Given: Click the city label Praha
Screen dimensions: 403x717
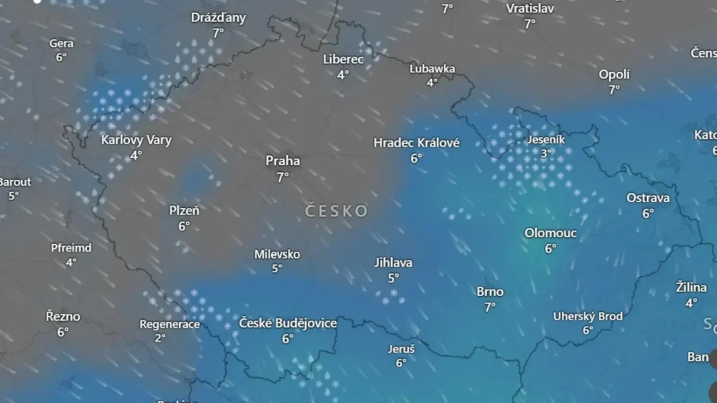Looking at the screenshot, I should point(283,161).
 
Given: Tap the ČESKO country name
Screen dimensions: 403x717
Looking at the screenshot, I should point(336,211).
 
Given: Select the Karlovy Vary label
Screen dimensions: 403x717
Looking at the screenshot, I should point(136,140).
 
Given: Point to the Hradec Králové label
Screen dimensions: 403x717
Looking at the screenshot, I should point(416,143).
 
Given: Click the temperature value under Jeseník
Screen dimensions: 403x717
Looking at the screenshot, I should point(546,153).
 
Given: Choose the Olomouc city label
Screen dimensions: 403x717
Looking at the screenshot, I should point(550,233).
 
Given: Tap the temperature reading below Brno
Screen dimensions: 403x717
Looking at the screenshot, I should point(490,307).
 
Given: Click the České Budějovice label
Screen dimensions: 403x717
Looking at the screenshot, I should point(288,324).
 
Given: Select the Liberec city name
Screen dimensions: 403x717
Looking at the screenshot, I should point(343,59).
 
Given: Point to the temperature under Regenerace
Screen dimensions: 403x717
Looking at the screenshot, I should point(160,338).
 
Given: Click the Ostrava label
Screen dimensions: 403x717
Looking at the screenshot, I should point(648,198).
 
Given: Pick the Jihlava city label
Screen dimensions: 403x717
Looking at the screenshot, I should point(393,263).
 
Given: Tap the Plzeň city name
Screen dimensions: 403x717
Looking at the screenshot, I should point(184,211).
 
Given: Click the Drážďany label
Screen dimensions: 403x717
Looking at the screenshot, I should point(218,18).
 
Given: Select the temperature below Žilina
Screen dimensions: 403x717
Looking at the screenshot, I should point(691,303).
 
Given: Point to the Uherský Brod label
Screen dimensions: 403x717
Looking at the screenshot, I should point(588,316).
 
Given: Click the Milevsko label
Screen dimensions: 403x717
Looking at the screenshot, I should point(277,254).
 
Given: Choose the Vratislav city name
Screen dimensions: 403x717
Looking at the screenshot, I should point(530,8).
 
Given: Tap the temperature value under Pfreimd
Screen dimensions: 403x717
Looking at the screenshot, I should point(71,262).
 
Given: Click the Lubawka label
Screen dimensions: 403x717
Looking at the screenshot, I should point(432,69).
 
